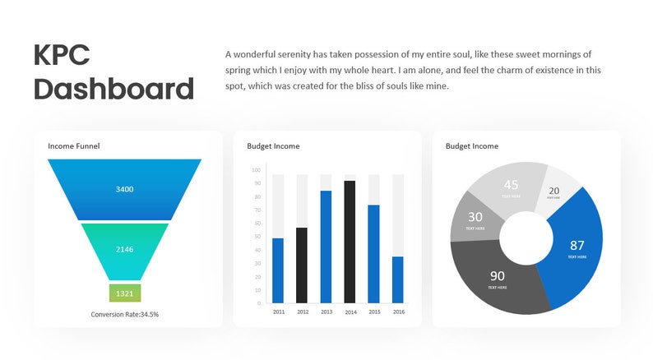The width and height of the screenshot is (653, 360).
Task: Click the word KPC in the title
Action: tap(62, 55)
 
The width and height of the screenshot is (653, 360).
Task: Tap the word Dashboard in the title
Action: tap(113, 89)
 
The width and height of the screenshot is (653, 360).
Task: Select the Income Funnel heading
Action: tap(74, 146)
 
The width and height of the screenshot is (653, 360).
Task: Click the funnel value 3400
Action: tap(124, 190)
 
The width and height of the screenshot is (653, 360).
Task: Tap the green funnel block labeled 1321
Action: tap(125, 293)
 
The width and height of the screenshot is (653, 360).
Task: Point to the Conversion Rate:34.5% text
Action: tap(125, 314)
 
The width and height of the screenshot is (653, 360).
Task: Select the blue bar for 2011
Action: tap(278, 270)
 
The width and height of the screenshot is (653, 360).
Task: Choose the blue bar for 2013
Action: tap(326, 247)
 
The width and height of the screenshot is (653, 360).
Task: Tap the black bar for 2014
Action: tap(350, 242)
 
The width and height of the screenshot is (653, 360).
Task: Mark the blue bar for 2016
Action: tap(398, 279)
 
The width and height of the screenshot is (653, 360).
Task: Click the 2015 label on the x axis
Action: tap(374, 312)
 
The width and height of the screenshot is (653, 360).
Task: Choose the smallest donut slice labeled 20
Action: tap(556, 191)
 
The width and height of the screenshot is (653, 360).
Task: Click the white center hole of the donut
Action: tap(526, 238)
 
